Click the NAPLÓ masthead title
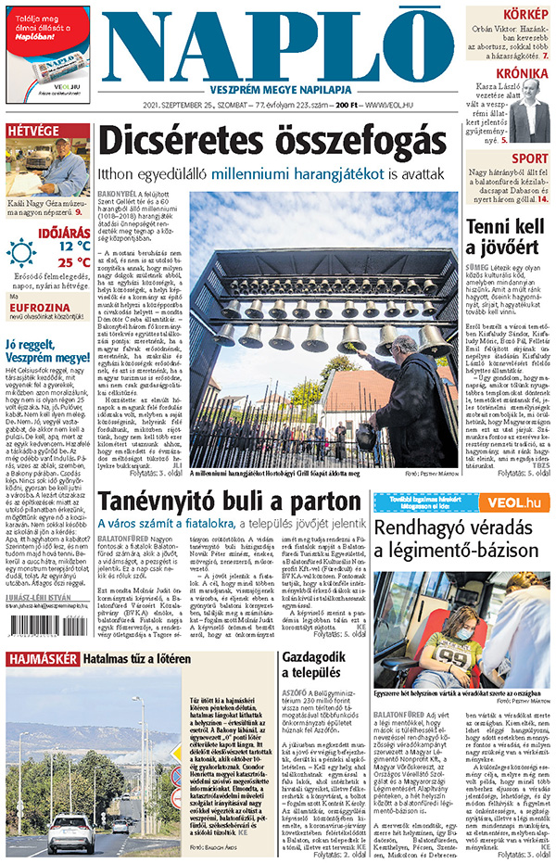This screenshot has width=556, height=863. click(279, 46)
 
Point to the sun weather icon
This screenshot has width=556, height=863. click(21, 253)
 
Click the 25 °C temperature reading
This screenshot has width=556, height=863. click(74, 261)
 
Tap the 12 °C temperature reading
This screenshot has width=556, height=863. click(74, 247)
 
